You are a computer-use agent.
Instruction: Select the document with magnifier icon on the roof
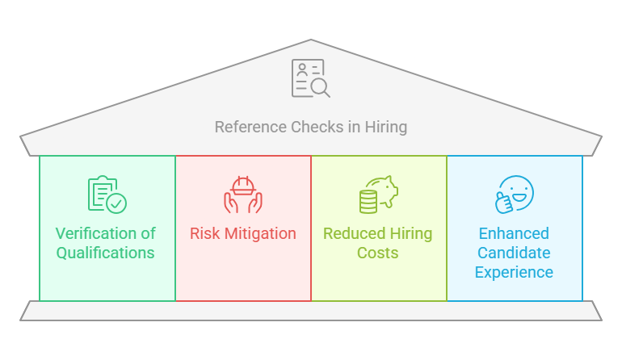[x=310, y=79]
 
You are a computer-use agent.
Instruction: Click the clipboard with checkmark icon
[x=107, y=194]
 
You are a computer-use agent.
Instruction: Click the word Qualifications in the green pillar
[x=106, y=253]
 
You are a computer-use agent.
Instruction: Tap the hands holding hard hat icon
[x=242, y=195]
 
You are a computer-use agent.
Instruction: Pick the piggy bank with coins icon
[x=378, y=195]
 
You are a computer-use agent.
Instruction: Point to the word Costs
[x=378, y=253]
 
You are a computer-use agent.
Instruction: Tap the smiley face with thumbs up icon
[x=514, y=195]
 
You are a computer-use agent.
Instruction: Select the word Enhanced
[x=514, y=233]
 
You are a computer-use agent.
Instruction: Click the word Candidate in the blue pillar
[x=514, y=253]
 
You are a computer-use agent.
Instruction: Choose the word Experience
[x=514, y=272]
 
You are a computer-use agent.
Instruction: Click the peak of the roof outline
[x=310, y=40]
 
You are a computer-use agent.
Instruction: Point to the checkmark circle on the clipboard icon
[x=116, y=203]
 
